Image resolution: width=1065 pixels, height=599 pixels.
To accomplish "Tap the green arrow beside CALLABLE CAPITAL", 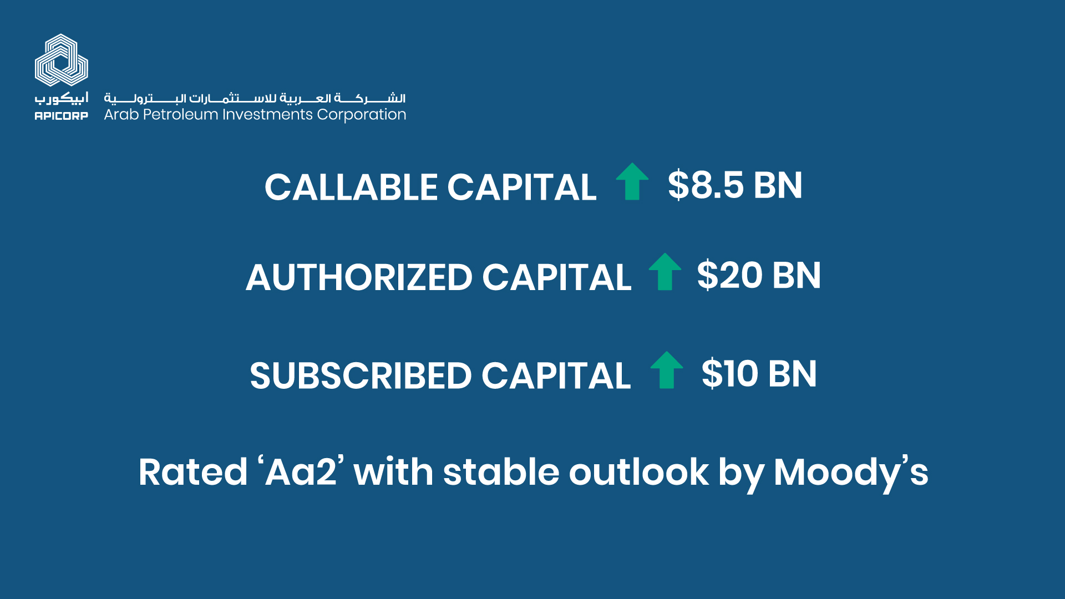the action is coord(632,181).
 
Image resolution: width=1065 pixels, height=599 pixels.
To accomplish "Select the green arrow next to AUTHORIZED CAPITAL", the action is coord(665,272).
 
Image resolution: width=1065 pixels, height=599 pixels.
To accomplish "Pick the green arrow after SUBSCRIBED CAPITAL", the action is coord(667,370).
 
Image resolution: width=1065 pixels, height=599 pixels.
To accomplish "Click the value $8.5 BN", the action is coord(735,185).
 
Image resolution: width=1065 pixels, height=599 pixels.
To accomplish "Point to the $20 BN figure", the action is coord(759,275).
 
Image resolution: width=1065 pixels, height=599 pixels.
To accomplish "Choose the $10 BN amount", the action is coord(759,374).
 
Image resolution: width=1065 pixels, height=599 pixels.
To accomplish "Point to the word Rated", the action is coord(193,472).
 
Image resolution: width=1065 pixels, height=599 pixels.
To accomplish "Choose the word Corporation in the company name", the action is coord(362,115).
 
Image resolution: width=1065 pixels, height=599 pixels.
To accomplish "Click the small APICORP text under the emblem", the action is coord(62,116).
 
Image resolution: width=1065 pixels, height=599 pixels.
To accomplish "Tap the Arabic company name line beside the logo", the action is coord(255,98).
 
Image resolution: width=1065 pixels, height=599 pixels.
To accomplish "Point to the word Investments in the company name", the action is coord(267,115).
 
